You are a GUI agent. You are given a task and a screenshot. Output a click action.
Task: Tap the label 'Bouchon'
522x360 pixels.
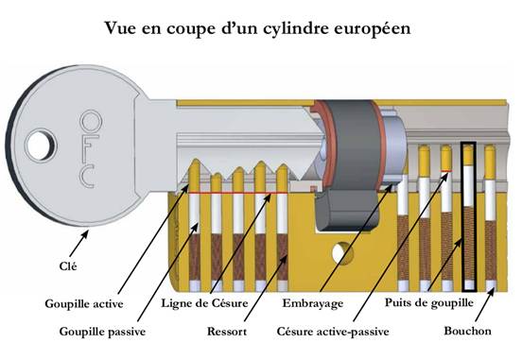click(x=467, y=333)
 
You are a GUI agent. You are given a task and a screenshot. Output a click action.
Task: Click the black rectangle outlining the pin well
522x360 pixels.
click(x=468, y=215)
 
